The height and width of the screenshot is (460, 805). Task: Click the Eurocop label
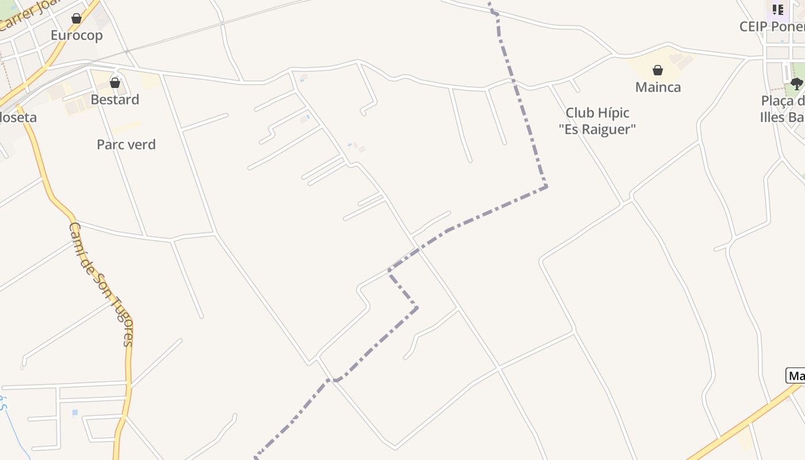(x=76, y=36)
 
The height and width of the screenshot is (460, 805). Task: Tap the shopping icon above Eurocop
(x=76, y=18)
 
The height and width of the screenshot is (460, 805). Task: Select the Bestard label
(x=115, y=99)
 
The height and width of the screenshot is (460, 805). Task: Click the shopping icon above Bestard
(x=115, y=83)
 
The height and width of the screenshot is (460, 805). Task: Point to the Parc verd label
(x=126, y=144)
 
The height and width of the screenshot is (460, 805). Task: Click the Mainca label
(x=658, y=87)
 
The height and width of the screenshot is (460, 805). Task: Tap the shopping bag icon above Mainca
(x=658, y=70)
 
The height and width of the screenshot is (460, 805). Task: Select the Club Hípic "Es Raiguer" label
(x=597, y=121)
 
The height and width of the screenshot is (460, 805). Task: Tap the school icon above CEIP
(x=777, y=9)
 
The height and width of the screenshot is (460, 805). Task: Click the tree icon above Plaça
(x=796, y=84)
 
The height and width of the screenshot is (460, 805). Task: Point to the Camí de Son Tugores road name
(x=101, y=284)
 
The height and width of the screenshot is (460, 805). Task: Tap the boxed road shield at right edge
(x=796, y=376)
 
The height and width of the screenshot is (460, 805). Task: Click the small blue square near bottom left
(x=75, y=413)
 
